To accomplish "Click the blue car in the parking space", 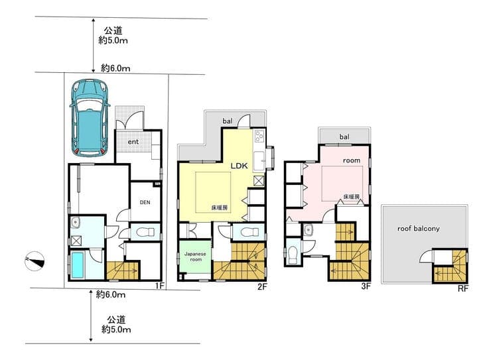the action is tap(90, 118).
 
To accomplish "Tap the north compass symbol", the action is tap(35, 261).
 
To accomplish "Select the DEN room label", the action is tap(145, 202).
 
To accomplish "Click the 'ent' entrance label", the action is tap(133, 142).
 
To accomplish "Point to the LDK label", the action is tap(240, 166).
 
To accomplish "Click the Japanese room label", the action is tap(195, 257).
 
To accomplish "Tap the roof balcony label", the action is tap(419, 229).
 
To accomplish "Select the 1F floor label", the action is tap(159, 286).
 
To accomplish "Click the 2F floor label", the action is tap(262, 286).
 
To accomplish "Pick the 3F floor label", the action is tap(366, 286).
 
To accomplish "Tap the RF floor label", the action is tap(463, 288).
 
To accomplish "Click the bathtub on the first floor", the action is tap(78, 265).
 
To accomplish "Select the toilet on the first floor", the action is tap(146, 232).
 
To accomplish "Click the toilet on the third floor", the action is tap(293, 255).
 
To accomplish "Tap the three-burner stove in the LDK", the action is tap(259, 137).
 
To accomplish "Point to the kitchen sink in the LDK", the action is tap(259, 160).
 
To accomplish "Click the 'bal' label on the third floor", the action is tap(344, 137).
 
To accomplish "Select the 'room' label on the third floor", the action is tap(352, 160).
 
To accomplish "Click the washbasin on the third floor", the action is tap(309, 230).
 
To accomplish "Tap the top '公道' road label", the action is tap(113, 30).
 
